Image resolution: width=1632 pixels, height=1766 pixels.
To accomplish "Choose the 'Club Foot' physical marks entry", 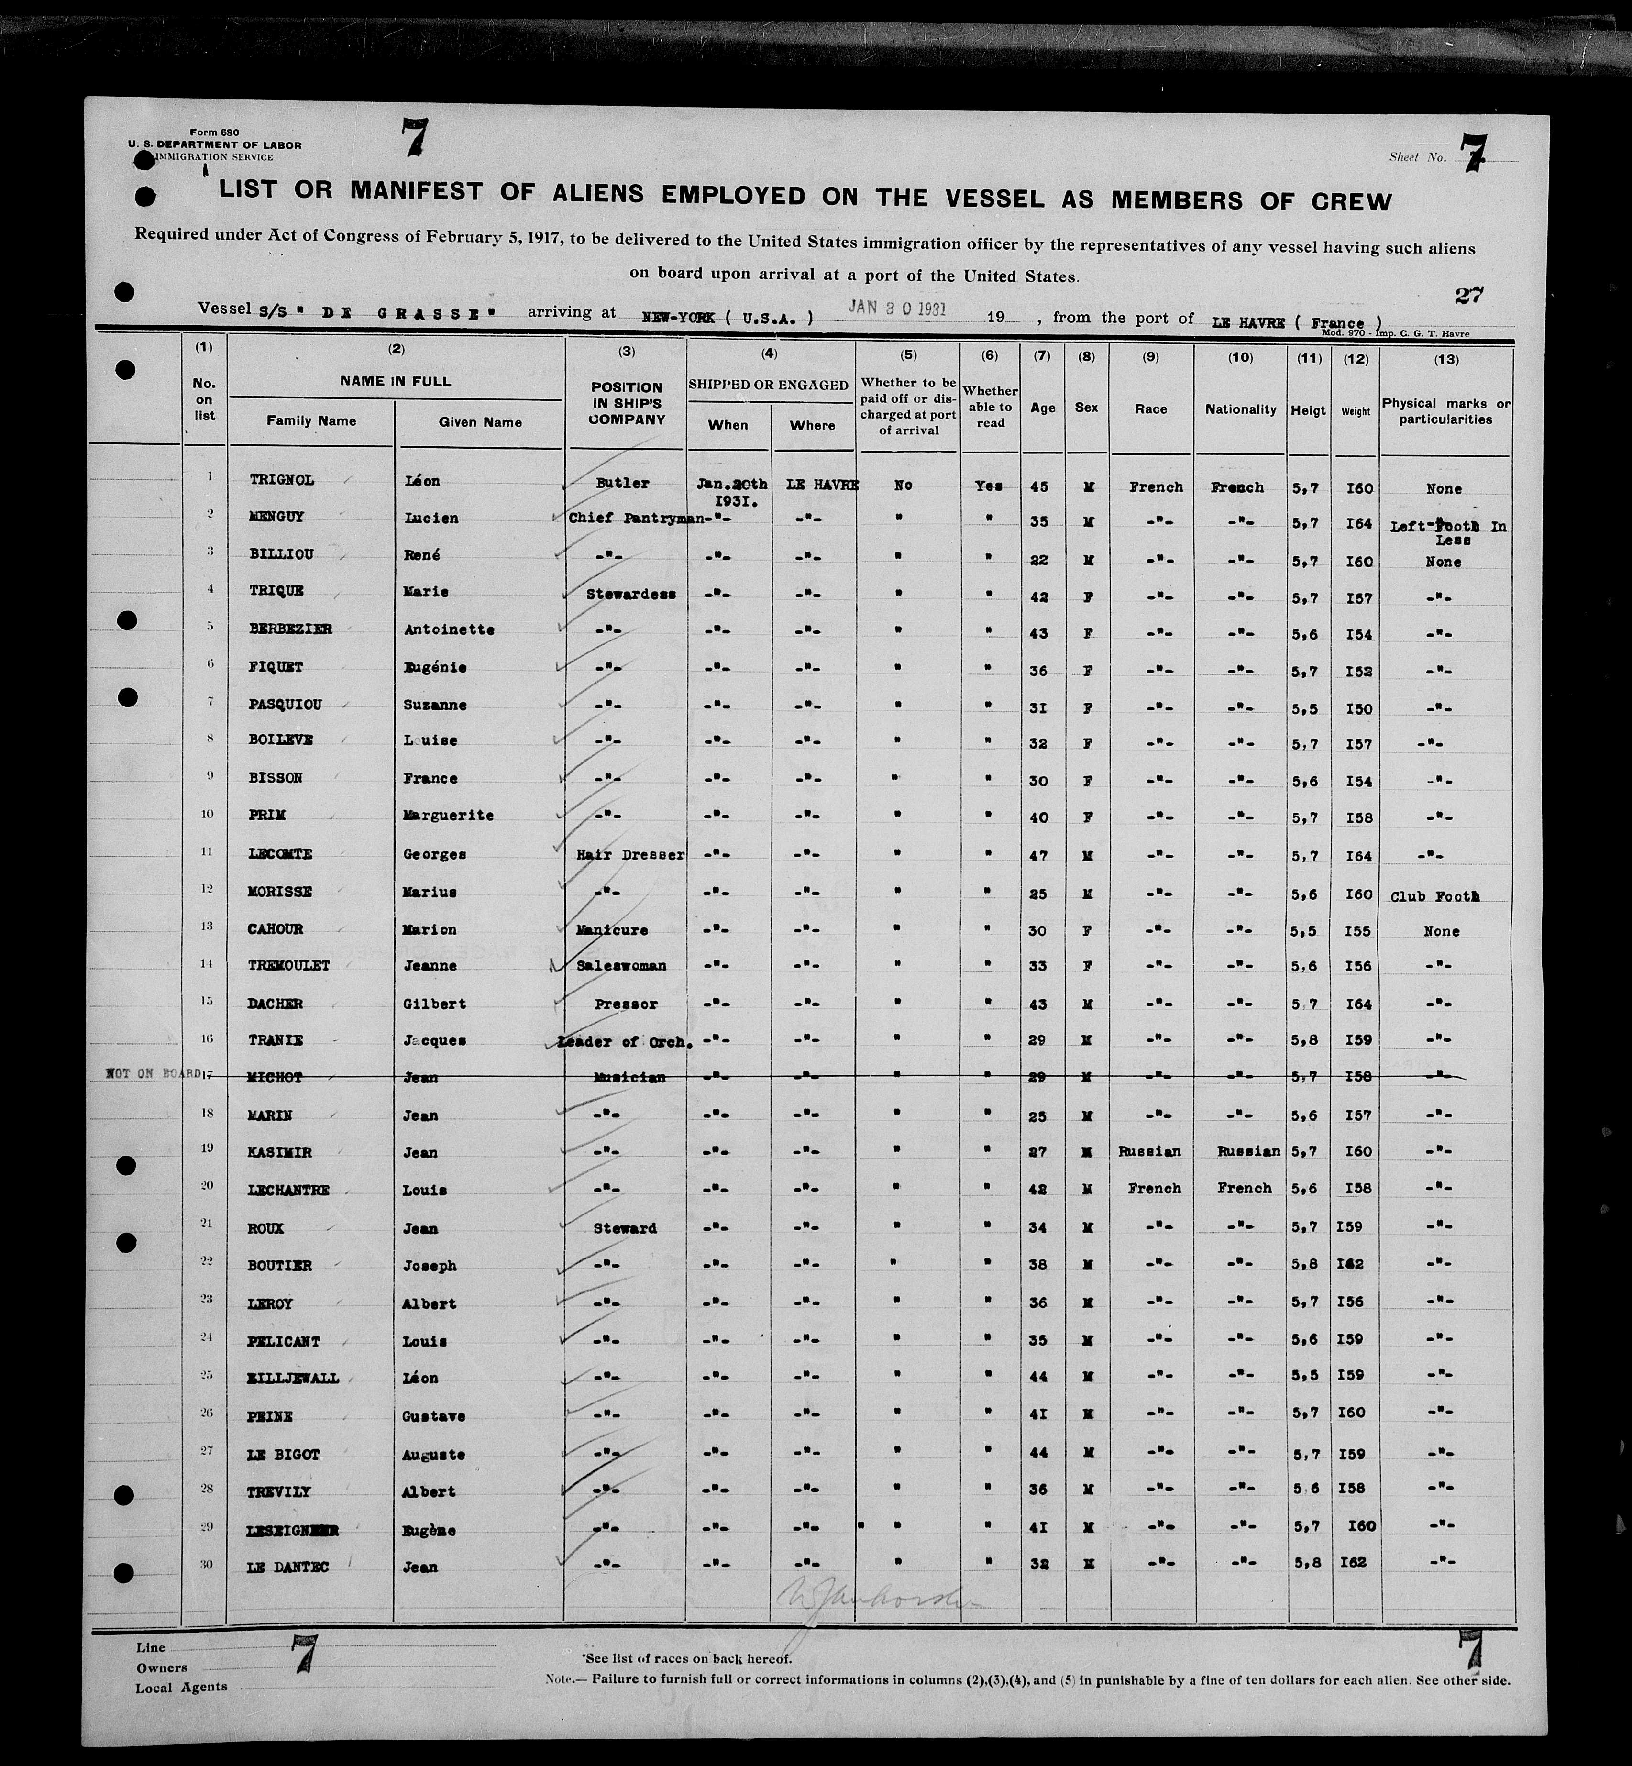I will (1434, 896).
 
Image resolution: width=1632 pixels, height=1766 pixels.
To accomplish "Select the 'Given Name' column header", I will (480, 422).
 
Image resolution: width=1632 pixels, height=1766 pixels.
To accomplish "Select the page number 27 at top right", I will (1468, 295).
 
